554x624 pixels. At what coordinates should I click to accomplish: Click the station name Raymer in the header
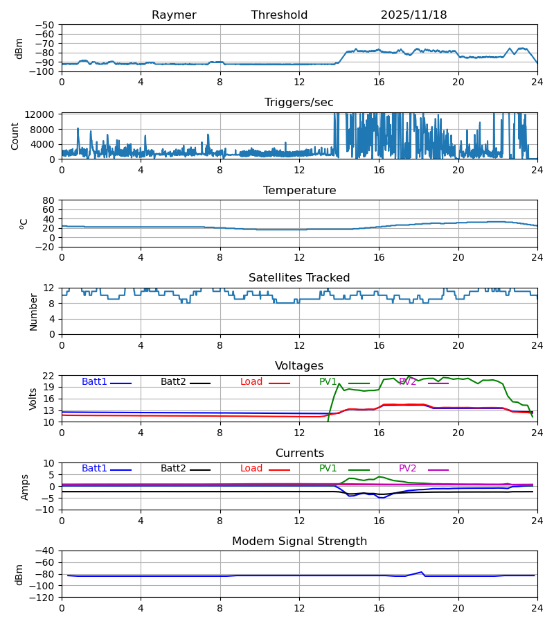tap(174, 15)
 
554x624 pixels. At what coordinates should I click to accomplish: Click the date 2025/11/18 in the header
tap(413, 15)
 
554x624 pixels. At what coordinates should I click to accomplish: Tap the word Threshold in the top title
tap(279, 15)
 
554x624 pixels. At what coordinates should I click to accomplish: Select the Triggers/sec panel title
tap(299, 103)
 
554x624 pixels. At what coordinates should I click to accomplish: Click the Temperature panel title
tap(299, 191)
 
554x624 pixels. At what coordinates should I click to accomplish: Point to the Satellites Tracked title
tap(299, 278)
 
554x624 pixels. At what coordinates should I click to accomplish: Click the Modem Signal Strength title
tap(299, 541)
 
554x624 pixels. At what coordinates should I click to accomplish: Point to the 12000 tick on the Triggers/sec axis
tap(43, 114)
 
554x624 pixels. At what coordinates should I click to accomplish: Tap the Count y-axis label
tap(15, 136)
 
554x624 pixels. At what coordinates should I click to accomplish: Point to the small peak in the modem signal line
tap(421, 572)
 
